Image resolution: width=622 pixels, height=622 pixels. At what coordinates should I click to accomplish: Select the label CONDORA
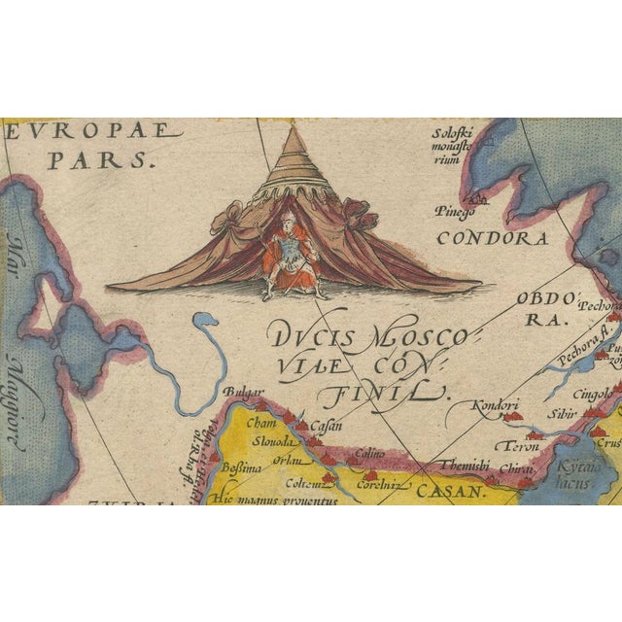[x=493, y=237]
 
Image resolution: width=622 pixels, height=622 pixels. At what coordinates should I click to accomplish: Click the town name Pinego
[x=456, y=209]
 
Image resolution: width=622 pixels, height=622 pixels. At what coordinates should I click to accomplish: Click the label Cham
[x=262, y=423]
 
